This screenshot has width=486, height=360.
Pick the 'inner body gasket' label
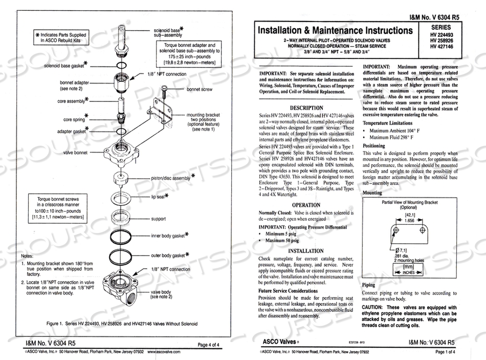point(167,236)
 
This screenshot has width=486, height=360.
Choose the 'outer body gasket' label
point(167,255)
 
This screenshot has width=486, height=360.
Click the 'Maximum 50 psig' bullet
point(282,240)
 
